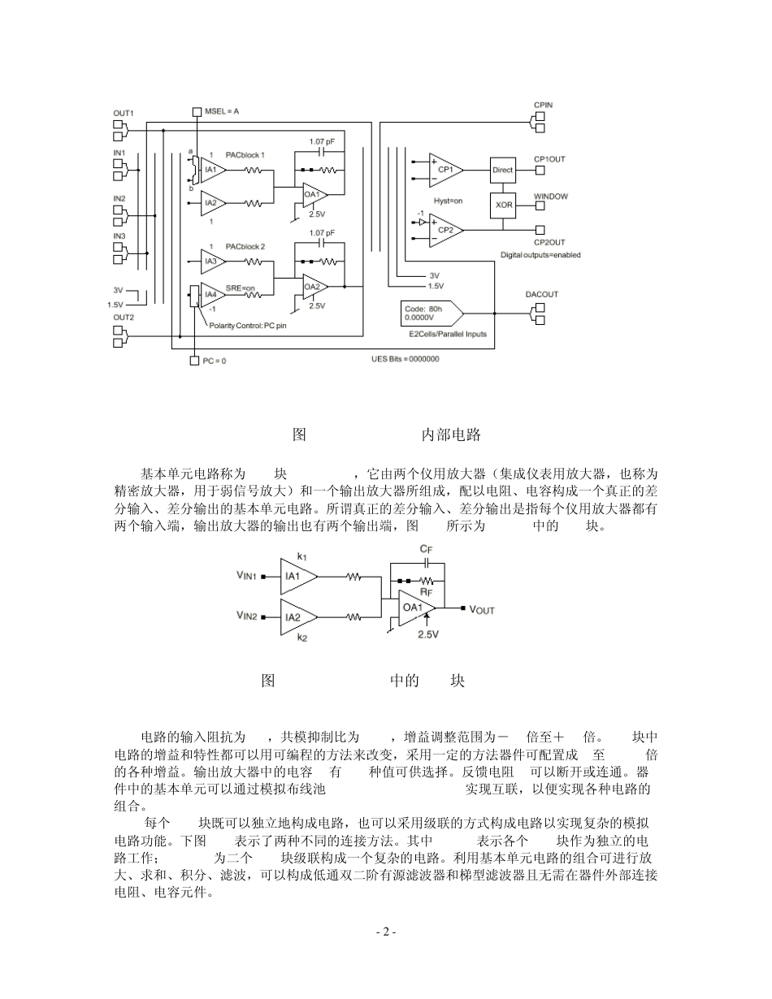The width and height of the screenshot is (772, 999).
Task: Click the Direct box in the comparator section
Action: (503, 170)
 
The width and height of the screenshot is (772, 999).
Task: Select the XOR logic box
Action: (503, 205)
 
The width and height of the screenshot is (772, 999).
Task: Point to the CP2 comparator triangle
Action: (444, 230)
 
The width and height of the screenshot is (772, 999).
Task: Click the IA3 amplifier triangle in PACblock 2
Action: (212, 261)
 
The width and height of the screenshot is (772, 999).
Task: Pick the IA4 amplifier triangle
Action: (212, 293)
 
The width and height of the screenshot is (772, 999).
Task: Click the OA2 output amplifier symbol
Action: (313, 287)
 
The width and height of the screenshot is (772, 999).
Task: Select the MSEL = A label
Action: (222, 111)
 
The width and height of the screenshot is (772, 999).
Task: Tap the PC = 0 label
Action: (215, 361)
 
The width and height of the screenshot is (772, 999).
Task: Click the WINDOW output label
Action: (550, 197)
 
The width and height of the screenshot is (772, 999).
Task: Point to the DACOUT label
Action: (541, 294)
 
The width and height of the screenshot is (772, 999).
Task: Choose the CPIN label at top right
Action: (544, 106)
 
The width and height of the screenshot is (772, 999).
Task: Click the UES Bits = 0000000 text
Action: (405, 358)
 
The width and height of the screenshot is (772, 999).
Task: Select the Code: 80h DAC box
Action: (429, 313)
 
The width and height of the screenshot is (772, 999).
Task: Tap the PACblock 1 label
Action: (245, 154)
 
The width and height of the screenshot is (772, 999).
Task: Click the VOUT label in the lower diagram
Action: (481, 609)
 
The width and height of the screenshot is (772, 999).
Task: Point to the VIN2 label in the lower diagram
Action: (247, 616)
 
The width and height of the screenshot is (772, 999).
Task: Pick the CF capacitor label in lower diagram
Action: (426, 550)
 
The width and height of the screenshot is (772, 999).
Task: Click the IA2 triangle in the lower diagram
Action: (294, 616)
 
